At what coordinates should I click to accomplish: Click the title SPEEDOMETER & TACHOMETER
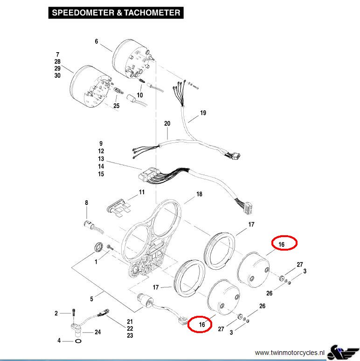click(x=116, y=13)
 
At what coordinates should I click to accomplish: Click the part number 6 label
click(x=97, y=41)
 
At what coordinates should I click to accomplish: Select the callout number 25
click(x=116, y=106)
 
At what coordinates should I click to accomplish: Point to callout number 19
click(x=202, y=113)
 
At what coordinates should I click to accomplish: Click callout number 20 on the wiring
click(x=167, y=123)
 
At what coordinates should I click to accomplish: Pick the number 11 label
click(x=142, y=192)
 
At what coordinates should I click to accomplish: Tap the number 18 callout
click(x=199, y=194)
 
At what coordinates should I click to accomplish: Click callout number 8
click(x=86, y=203)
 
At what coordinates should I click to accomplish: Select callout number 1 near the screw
click(x=96, y=262)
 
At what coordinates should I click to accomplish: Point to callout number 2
click(x=56, y=313)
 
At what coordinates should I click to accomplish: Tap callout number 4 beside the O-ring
click(x=59, y=341)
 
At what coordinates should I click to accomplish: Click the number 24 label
click(x=97, y=332)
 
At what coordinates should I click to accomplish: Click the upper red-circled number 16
click(x=281, y=243)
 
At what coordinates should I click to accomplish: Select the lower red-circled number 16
click(x=202, y=324)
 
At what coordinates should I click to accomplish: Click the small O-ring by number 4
click(x=76, y=341)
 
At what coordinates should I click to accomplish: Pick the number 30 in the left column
click(x=57, y=75)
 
